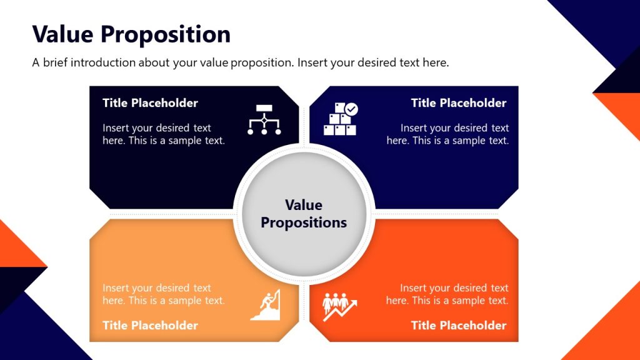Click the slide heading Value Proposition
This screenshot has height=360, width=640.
[131, 34]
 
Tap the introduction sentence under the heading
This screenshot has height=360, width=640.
[241, 63]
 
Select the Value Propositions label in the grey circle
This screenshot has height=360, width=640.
[304, 214]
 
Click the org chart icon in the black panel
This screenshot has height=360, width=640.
[264, 119]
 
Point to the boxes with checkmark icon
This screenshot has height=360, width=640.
[340, 119]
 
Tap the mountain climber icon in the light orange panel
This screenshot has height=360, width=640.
[266, 305]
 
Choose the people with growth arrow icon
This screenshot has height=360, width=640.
[339, 306]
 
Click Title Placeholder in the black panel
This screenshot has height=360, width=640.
[150, 103]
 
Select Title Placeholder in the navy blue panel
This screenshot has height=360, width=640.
[459, 103]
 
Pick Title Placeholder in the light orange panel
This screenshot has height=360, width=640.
[150, 326]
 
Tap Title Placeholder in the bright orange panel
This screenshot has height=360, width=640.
[459, 326]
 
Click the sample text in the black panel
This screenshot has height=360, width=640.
[164, 134]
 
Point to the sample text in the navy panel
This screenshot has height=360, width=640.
[447, 134]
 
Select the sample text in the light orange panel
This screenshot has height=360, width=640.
[164, 294]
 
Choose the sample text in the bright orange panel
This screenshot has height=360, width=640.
[447, 294]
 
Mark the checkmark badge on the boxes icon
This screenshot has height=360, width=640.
[352, 109]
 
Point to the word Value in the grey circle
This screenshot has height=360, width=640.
[304, 205]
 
